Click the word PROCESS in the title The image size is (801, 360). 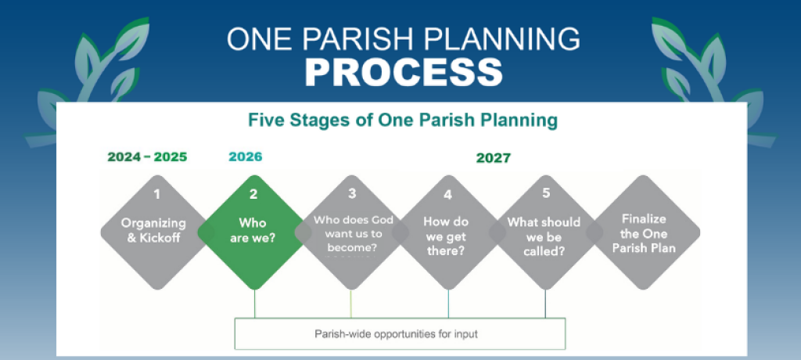(404, 72)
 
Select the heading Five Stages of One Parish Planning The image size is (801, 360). (403, 121)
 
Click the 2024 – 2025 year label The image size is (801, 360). (147, 157)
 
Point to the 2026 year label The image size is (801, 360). (245, 157)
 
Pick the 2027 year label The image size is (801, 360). (493, 158)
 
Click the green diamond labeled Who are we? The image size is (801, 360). (254, 232)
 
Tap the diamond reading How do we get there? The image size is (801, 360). (448, 232)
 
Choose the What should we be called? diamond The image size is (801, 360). (545, 232)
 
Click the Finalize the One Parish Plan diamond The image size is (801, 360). (643, 232)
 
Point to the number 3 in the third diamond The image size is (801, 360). (352, 193)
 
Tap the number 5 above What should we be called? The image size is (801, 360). (545, 193)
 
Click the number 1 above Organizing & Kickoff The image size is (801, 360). (156, 194)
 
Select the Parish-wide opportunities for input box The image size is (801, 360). (400, 334)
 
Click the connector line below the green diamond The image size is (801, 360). (254, 304)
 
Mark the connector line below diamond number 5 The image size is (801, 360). (545, 304)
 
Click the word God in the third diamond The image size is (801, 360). (383, 220)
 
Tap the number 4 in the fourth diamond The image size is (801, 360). (448, 194)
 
